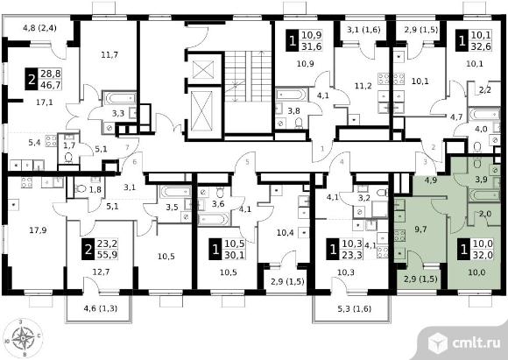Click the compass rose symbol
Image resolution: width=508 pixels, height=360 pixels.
click(x=23, y=338)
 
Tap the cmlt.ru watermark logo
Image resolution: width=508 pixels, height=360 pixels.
click(x=464, y=343)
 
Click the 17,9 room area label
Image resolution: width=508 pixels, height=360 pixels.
click(x=38, y=230)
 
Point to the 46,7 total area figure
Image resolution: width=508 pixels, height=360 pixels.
click(x=51, y=85)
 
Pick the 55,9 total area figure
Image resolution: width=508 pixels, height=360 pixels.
click(x=107, y=254)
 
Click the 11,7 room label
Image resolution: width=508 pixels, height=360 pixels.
click(x=109, y=55)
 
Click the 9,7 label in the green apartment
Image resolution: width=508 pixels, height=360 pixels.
click(x=420, y=229)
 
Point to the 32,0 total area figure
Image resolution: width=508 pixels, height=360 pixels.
click(x=483, y=254)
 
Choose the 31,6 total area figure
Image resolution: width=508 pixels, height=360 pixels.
click(x=312, y=46)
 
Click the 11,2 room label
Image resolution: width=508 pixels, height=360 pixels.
click(x=363, y=86)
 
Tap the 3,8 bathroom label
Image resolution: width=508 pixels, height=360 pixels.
click(x=293, y=111)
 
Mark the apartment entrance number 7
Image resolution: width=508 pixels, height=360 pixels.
click(x=127, y=148)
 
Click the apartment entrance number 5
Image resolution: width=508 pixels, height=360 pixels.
click(x=248, y=162)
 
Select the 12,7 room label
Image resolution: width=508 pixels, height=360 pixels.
click(x=101, y=272)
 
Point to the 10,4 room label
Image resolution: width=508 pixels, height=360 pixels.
click(x=286, y=232)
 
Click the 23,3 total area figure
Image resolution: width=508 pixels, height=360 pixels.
click(x=352, y=254)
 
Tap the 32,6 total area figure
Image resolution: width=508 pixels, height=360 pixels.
click(x=482, y=46)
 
